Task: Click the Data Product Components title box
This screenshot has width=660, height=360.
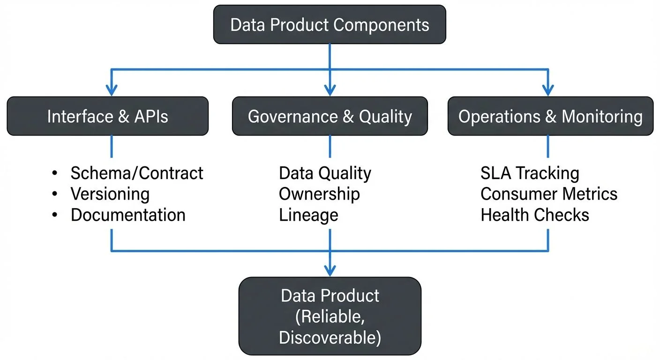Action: [x=330, y=24]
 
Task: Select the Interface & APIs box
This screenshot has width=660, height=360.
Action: [x=107, y=116]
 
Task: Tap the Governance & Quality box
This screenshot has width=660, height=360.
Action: [x=330, y=116]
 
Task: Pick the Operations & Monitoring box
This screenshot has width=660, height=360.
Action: [x=550, y=116]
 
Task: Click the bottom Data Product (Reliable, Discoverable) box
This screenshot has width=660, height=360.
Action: [x=330, y=316]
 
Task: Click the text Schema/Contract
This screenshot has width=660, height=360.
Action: [x=137, y=173]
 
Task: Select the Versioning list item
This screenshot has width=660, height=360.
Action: [x=110, y=194]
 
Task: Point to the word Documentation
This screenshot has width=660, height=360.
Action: [x=128, y=215]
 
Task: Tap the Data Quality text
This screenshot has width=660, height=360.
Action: [x=325, y=173]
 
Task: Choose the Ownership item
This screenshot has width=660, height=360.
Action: [x=319, y=194]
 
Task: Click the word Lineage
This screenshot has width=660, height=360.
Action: [x=308, y=215]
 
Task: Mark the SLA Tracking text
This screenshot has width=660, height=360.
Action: [x=530, y=173]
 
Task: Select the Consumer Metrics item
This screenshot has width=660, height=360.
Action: [x=549, y=194]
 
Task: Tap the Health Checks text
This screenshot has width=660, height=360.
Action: [x=535, y=215]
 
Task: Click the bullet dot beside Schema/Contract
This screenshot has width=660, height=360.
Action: [x=55, y=173]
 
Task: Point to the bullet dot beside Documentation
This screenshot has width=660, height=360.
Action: [x=55, y=215]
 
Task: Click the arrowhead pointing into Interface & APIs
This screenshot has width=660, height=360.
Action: [x=111, y=90]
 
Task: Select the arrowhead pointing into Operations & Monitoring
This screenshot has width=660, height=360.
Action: [x=547, y=90]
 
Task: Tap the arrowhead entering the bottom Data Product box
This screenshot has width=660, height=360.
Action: [x=330, y=270]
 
